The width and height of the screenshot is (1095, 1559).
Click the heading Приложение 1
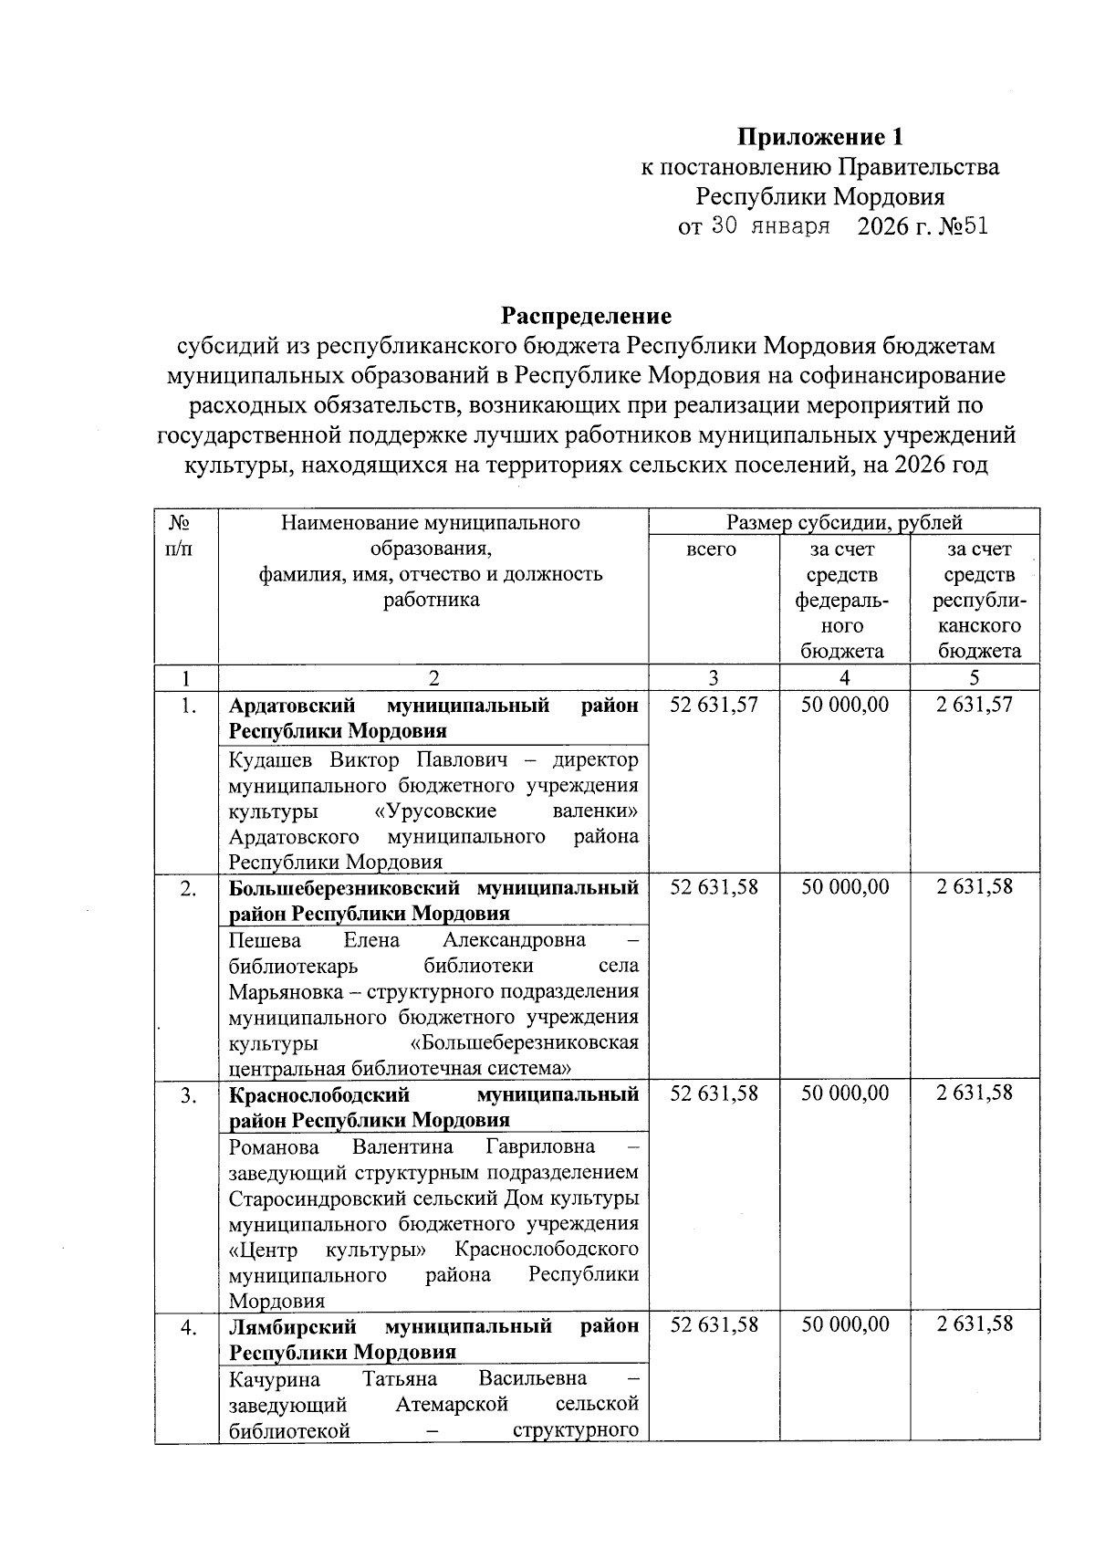coord(820,137)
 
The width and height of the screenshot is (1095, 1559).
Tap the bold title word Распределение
coord(586,316)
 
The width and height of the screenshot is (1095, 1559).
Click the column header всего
coord(711,549)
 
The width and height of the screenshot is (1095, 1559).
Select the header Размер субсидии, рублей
coord(844,523)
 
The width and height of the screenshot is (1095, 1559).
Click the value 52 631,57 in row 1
coord(714,705)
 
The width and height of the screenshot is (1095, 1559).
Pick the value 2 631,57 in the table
coord(974,705)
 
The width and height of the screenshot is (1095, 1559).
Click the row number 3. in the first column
coord(188,1094)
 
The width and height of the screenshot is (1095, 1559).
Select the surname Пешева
coord(265,940)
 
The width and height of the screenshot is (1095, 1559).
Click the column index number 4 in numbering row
coord(845,677)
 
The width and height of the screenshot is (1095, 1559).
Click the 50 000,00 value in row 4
coord(845,1324)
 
